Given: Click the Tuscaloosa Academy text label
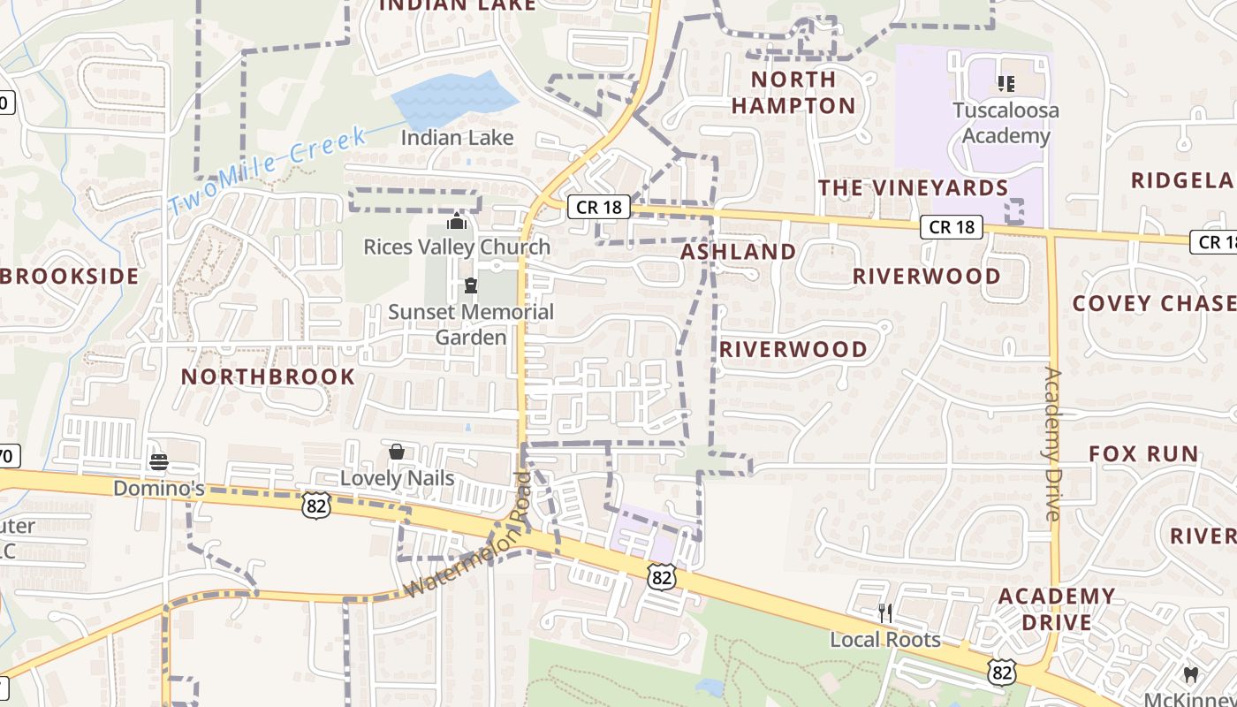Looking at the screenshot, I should (x=1006, y=123).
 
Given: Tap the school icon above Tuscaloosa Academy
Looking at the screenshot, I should (x=1006, y=84).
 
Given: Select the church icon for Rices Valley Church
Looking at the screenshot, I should (x=457, y=220).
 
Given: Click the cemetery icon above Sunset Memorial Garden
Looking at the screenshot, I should (x=471, y=285).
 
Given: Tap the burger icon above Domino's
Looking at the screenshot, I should (x=159, y=461).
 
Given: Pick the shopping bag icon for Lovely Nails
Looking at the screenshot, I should (x=397, y=452).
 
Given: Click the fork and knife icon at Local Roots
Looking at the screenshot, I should (x=885, y=612).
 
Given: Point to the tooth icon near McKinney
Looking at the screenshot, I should (x=1190, y=674).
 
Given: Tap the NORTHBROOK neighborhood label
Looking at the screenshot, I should (x=268, y=377).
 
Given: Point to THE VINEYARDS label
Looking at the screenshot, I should (x=913, y=188).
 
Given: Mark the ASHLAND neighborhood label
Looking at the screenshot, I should (x=739, y=252).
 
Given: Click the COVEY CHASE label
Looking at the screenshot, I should (x=1154, y=303).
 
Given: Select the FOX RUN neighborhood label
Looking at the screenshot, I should (x=1143, y=454).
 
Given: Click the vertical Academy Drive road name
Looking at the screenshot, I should (x=1051, y=444).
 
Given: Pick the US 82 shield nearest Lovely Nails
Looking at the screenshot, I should (x=315, y=506).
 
